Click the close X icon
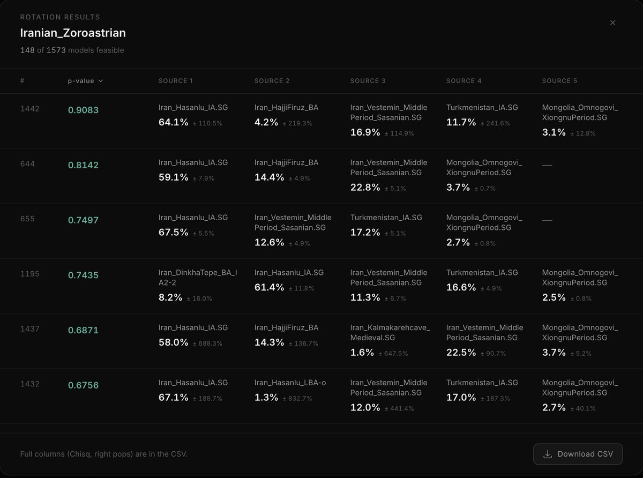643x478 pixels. (612, 23)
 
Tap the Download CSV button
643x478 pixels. (578, 454)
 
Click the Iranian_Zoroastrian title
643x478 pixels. (73, 33)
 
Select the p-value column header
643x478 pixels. (85, 81)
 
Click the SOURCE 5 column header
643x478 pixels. (559, 81)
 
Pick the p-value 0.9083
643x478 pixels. (83, 110)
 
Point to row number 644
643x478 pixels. (27, 164)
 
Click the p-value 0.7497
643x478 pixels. (83, 220)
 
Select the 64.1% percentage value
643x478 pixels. (174, 122)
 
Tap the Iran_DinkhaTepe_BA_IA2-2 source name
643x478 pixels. (198, 278)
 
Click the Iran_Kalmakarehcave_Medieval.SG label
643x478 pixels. (390, 333)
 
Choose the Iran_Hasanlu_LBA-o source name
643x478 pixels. (290, 383)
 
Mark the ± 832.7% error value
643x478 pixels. (297, 399)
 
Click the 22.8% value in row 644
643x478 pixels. (365, 188)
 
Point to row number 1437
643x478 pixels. (29, 329)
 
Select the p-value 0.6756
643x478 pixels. (83, 385)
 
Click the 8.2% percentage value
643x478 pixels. (170, 297)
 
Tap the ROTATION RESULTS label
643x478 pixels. (60, 17)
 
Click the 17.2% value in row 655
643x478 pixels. (365, 233)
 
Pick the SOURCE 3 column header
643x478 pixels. (368, 81)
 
